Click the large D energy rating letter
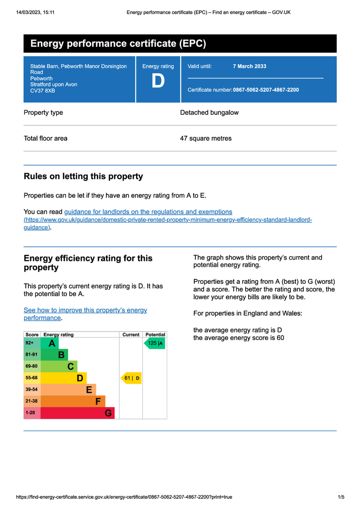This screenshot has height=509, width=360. (x=158, y=82)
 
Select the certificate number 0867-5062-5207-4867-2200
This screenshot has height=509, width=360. (x=266, y=90)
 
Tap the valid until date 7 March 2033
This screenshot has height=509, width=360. (x=249, y=66)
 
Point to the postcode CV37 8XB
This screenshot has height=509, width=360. (x=43, y=91)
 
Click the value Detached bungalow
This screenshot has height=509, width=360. (x=209, y=112)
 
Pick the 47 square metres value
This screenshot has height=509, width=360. (x=205, y=138)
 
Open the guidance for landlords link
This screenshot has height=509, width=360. (x=148, y=212)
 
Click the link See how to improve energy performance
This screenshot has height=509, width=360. (x=85, y=314)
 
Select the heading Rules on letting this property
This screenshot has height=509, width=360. (x=83, y=176)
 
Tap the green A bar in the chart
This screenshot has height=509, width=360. (x=50, y=343)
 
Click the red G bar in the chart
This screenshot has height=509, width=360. (x=77, y=413)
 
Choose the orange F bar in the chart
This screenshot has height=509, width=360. (x=73, y=401)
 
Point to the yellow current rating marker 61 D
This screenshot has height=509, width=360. (x=131, y=378)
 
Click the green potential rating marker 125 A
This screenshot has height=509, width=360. (x=155, y=343)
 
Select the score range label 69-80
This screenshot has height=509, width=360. (x=31, y=366)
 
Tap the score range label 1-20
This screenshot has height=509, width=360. (x=30, y=413)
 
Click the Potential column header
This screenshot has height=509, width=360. (x=155, y=335)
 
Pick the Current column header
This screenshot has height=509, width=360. (x=131, y=335)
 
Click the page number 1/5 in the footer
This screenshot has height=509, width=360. (x=341, y=497)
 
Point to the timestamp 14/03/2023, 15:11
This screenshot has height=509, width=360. (x=35, y=12)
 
